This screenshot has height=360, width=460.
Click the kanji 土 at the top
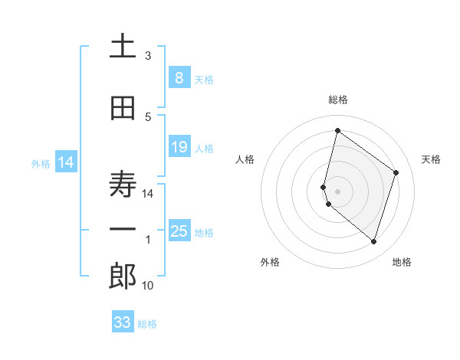pyautogui.click(x=123, y=47)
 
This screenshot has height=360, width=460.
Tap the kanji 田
pyautogui.click(x=123, y=109)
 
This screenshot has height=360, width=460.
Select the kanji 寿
pyautogui.click(x=123, y=184)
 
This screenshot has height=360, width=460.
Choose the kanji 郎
pyautogui.click(x=123, y=276)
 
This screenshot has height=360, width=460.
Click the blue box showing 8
pyautogui.click(x=179, y=77)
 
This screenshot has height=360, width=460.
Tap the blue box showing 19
pyautogui.click(x=179, y=146)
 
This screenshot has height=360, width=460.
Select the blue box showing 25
pyautogui.click(x=179, y=231)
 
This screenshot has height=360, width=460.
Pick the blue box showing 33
pyautogui.click(x=123, y=322)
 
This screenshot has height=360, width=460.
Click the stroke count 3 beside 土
pyautogui.click(x=148, y=56)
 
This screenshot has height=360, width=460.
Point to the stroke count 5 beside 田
pyautogui.click(x=148, y=117)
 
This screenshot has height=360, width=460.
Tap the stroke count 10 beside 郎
pyautogui.click(x=148, y=286)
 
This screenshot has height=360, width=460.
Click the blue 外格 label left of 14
pyautogui.click(x=40, y=163)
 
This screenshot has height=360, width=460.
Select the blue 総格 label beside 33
pyautogui.click(x=147, y=324)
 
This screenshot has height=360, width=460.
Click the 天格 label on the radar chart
pyautogui.click(x=431, y=159)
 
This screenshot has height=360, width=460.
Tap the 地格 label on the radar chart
pyautogui.click(x=402, y=263)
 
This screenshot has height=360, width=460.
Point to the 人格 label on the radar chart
pyautogui.click(x=245, y=159)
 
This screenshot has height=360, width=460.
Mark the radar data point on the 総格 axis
pyautogui.click(x=337, y=131)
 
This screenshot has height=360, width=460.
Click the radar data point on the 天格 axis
pyautogui.click(x=396, y=172)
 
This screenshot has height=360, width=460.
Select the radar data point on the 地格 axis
pyautogui.click(x=373, y=242)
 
